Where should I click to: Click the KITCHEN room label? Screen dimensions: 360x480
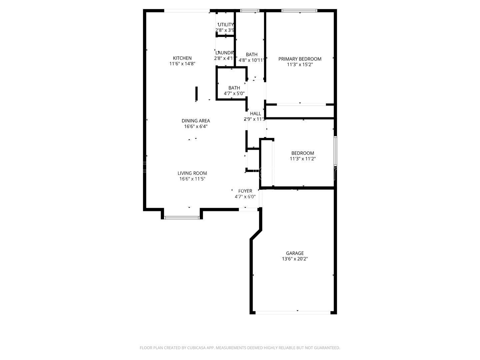pyautogui.click(x=182, y=58)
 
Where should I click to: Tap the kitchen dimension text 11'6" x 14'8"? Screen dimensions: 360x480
pyautogui.click(x=182, y=64)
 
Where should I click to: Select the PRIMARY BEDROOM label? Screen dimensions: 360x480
pyautogui.click(x=300, y=59)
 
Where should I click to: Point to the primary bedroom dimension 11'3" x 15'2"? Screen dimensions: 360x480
pyautogui.click(x=300, y=65)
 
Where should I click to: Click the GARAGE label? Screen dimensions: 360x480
pyautogui.click(x=295, y=253)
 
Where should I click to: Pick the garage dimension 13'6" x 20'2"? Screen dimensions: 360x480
pyautogui.click(x=295, y=259)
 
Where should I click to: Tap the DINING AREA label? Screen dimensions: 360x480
pyautogui.click(x=196, y=121)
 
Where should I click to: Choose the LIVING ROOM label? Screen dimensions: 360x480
pyautogui.click(x=192, y=173)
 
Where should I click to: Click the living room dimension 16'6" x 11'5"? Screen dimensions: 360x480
pyautogui.click(x=192, y=179)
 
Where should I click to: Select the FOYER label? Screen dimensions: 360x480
pyautogui.click(x=245, y=191)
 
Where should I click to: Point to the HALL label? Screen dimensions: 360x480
pyautogui.click(x=255, y=114)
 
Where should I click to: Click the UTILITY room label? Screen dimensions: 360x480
pyautogui.click(x=226, y=25)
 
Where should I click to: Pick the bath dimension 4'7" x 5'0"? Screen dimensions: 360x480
pyautogui.click(x=234, y=94)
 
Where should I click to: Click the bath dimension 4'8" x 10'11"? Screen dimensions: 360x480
pyautogui.click(x=252, y=60)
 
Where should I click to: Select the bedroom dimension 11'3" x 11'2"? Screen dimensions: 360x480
pyautogui.click(x=303, y=159)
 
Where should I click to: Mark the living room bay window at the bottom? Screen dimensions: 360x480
pyautogui.click(x=182, y=218)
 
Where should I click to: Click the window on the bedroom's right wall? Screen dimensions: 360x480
pyautogui.click(x=336, y=151)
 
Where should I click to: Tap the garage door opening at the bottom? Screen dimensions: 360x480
pyautogui.click(x=293, y=313)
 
